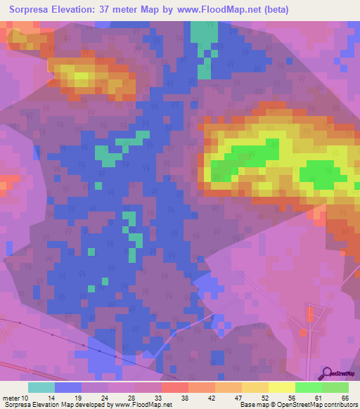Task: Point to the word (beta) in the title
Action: coord(272,10)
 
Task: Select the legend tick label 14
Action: coord(50,398)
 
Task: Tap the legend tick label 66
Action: coord(345,398)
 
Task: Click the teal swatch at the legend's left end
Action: coord(41,387)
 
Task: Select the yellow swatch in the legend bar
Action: coord(282,387)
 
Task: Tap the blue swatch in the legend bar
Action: coord(68,387)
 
